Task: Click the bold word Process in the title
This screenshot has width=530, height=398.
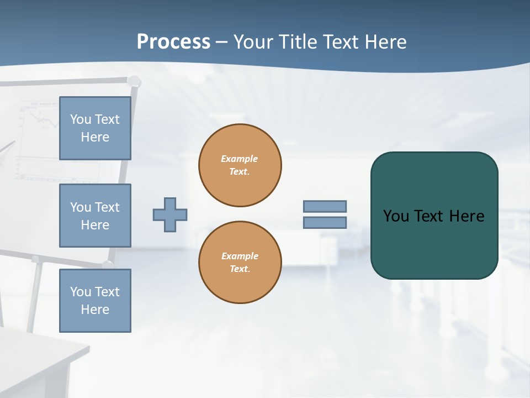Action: click(173, 41)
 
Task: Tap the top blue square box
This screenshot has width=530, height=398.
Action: click(95, 128)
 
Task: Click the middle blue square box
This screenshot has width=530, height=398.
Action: click(95, 216)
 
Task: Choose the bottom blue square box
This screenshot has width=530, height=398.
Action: click(95, 301)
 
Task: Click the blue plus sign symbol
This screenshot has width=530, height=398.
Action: click(170, 214)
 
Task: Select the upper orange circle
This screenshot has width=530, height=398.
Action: click(240, 165)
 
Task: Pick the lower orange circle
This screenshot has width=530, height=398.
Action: click(240, 263)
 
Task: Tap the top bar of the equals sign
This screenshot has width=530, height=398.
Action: click(325, 206)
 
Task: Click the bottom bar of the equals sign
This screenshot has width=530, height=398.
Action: click(325, 223)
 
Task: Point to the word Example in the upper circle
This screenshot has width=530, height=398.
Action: click(240, 159)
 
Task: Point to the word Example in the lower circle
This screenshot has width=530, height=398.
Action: click(240, 256)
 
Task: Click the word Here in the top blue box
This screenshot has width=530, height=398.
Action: click(95, 137)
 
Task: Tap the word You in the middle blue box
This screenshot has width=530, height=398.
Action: click(79, 207)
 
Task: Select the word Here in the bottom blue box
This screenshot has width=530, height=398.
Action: click(95, 310)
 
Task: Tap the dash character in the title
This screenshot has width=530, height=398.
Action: click(221, 42)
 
